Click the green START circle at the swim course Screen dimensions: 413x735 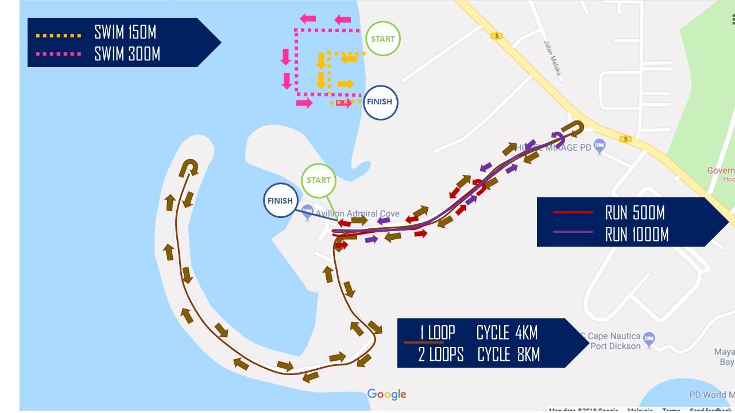coord(382,39)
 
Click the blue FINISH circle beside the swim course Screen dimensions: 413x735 coord(380,103)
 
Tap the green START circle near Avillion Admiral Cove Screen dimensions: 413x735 coord(318,180)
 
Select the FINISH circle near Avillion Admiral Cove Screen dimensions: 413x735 coord(280,201)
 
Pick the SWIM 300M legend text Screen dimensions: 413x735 coord(127,54)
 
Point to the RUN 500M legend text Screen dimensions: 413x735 coord(635,213)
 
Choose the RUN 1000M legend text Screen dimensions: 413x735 coord(637,234)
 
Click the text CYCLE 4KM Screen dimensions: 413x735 coord(507,333)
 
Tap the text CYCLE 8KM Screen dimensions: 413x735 coord(508,354)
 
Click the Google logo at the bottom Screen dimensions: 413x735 coord(386,394)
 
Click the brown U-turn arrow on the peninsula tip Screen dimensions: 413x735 coord(189,166)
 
